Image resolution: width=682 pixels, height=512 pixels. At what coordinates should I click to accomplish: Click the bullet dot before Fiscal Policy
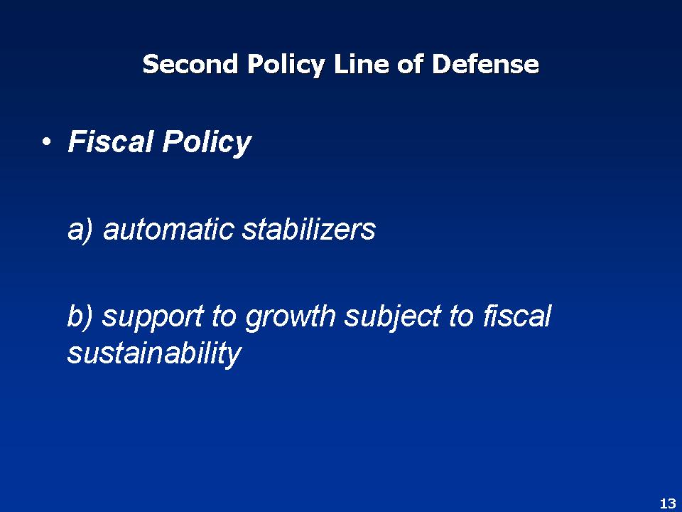46,143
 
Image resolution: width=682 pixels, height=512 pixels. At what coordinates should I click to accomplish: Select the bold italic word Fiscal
110,142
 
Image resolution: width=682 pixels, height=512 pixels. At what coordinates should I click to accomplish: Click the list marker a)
81,230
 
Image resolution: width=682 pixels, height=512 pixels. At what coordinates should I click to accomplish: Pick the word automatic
169,230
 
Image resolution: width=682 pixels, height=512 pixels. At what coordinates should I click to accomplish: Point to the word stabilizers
308,230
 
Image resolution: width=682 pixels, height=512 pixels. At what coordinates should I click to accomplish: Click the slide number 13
667,503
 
